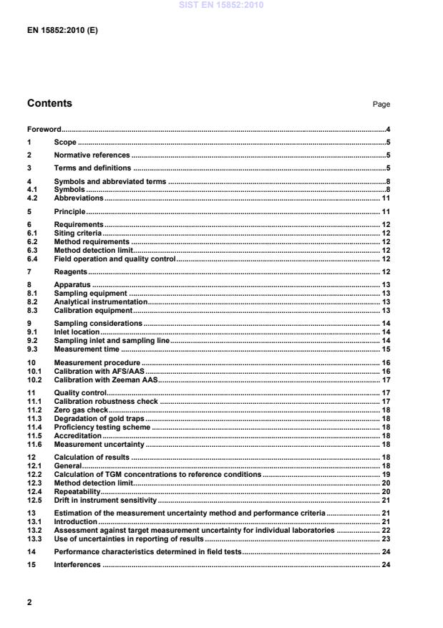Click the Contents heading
point(49,103)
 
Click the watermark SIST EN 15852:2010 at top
point(221,5)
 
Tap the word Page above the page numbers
point(381,105)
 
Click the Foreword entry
point(44,130)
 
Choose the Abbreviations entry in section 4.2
point(79,198)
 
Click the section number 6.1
point(32,233)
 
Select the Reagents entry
point(70,272)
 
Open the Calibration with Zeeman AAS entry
point(106,380)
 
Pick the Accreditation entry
point(78,435)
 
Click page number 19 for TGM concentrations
point(385,474)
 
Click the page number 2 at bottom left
point(29,602)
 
